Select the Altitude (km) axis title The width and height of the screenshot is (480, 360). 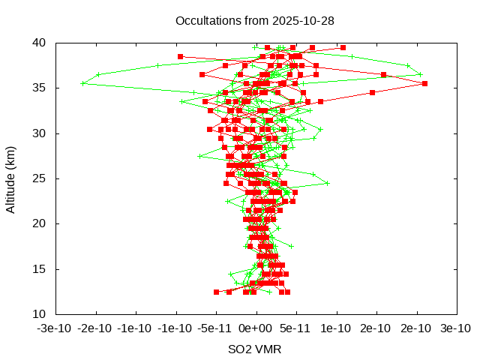pyautogui.click(x=10, y=178)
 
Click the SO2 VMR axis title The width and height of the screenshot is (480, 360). pyautogui.click(x=255, y=349)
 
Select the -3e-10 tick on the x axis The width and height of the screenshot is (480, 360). pyautogui.click(x=56, y=328)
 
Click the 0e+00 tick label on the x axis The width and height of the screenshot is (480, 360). pyautogui.click(x=256, y=328)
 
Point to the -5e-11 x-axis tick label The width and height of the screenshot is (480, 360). pyautogui.click(x=216, y=328)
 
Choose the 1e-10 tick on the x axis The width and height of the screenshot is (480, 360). pyautogui.click(x=335, y=328)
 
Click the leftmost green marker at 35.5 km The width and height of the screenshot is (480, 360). pyautogui.click(x=82, y=83)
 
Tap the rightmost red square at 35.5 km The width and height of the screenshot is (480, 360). pyautogui.click(x=424, y=83)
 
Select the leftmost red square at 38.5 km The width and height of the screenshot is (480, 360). pyautogui.click(x=180, y=56)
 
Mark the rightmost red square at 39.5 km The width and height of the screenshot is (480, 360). pyautogui.click(x=343, y=47)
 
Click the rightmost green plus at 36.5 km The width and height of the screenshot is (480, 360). pyautogui.click(x=420, y=74)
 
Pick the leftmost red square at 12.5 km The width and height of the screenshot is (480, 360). pyautogui.click(x=217, y=292)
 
